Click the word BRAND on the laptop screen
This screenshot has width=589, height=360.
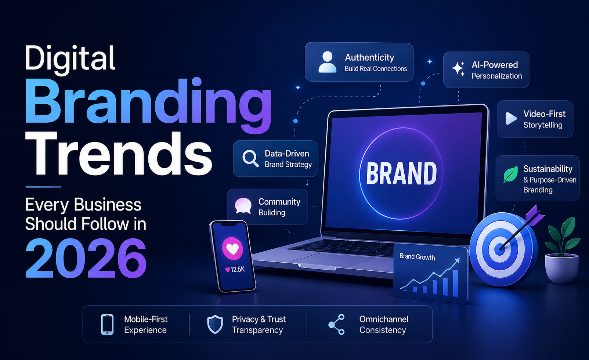point(401,173)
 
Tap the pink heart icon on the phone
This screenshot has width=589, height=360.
point(232,249)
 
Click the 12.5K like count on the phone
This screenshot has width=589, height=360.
point(235,270)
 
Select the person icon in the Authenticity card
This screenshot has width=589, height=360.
point(327,62)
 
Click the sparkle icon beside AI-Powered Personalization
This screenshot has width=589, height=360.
point(458,69)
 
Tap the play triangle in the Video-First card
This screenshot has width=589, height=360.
point(511,119)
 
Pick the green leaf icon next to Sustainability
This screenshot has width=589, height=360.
point(510,174)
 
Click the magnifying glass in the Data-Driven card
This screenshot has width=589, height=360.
point(250,159)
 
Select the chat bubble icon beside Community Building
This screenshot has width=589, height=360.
point(243,206)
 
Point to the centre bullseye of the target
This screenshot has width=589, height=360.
point(500,249)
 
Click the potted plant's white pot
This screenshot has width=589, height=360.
point(562,268)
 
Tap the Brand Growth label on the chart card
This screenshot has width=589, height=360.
point(417,257)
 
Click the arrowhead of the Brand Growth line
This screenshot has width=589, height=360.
point(458,261)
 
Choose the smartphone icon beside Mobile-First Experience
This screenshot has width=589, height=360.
point(107,324)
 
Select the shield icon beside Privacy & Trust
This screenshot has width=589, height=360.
point(215,324)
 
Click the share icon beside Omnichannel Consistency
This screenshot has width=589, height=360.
point(337,324)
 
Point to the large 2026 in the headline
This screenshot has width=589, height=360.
point(86,258)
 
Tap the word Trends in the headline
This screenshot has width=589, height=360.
point(118,154)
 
